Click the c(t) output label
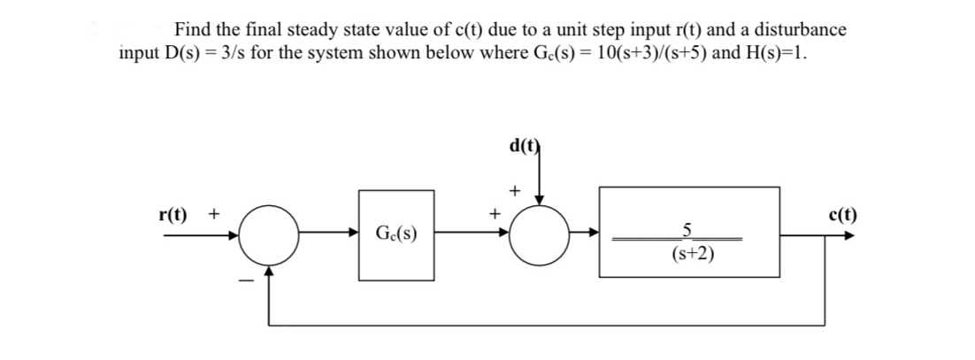click(841, 215)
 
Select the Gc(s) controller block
click(396, 235)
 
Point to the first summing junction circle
click(268, 236)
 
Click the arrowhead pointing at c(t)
click(850, 236)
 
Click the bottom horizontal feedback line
click(549, 326)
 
